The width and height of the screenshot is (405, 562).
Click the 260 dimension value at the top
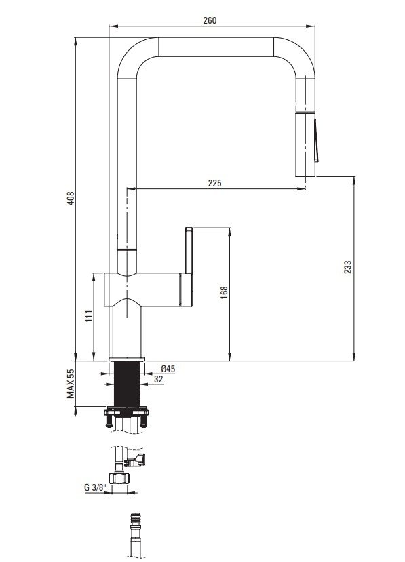pos(210,20)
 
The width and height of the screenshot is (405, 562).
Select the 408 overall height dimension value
pos(71,198)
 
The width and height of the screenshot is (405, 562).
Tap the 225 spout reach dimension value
pos(214,183)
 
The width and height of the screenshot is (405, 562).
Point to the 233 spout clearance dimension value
pos(347,267)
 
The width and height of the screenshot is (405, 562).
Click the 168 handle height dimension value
pos(224,292)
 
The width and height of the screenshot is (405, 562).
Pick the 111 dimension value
pos(90,315)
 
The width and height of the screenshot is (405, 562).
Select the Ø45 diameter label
pos(168,369)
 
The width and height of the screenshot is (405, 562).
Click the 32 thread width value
pos(158,379)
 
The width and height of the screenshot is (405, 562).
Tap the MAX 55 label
pos(71,384)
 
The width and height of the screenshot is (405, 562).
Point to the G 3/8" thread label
pos(96,487)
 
